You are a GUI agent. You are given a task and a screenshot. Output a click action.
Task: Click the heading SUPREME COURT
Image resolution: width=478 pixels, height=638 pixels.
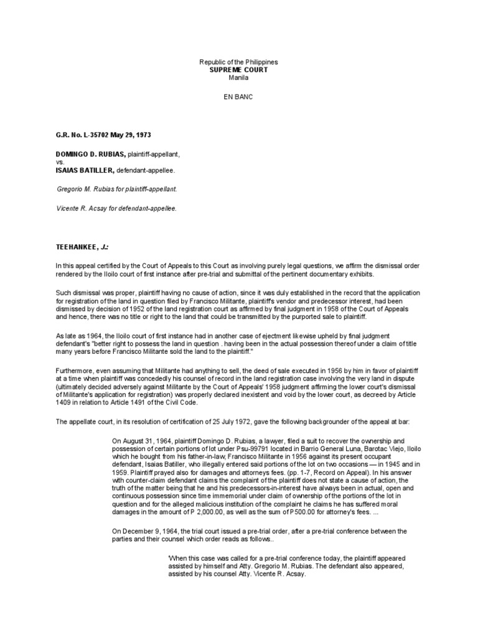[238, 70]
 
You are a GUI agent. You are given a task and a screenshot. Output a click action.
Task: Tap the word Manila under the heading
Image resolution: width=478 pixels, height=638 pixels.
[238, 78]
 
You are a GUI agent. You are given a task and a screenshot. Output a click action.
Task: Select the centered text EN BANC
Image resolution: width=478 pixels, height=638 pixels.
[238, 98]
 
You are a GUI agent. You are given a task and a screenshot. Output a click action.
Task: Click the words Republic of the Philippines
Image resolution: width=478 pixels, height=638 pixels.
[238, 63]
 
